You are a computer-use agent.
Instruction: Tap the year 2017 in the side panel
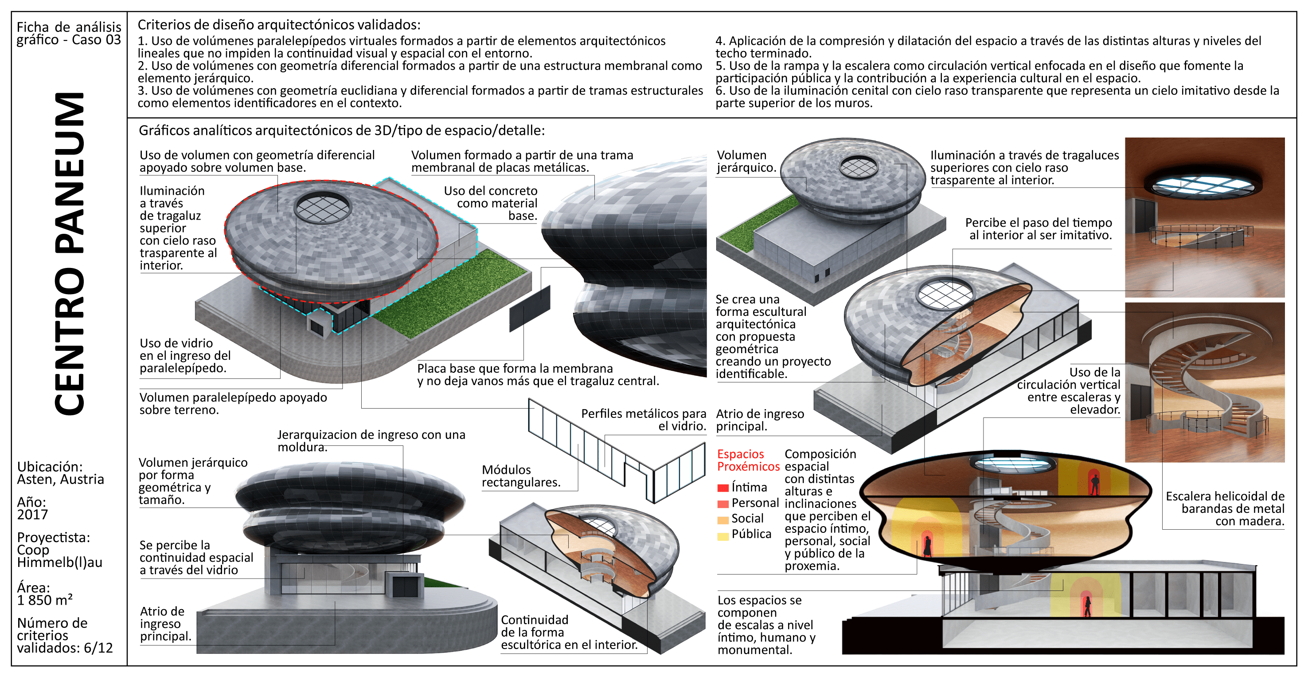tap(32, 514)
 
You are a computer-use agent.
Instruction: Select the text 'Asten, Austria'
tap(60, 479)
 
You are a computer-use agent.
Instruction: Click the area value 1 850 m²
tap(45, 600)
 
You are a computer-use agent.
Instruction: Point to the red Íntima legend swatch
tap(723, 488)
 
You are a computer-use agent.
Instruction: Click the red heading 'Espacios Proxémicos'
tap(748, 460)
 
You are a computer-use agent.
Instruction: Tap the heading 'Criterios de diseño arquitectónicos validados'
tap(279, 24)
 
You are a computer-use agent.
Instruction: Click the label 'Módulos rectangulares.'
tap(520, 476)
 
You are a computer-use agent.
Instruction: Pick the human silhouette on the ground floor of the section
tap(1088, 606)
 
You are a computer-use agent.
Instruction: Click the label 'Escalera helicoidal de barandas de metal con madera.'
tap(1225, 508)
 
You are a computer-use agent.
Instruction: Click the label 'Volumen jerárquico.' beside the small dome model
tap(746, 161)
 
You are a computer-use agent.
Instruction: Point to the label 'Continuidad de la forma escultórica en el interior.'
tap(569, 632)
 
